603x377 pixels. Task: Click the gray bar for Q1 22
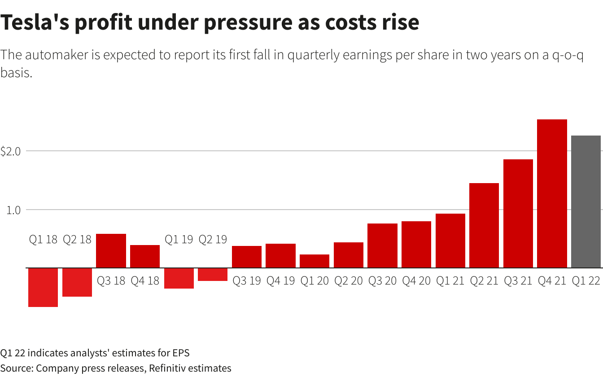point(586,202)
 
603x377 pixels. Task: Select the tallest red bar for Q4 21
point(552,193)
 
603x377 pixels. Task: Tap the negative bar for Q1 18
point(43,287)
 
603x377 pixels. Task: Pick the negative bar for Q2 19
point(213,274)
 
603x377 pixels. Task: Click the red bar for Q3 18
point(111,251)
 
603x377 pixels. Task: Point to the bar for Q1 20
point(315,261)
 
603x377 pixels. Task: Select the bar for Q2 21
point(484,225)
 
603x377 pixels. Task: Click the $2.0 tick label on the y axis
point(11,152)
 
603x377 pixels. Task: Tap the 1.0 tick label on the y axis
point(13,210)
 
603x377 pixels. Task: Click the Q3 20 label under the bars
point(382,281)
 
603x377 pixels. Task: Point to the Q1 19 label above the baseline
point(179,240)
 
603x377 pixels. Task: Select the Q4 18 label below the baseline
point(145,281)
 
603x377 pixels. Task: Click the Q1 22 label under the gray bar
point(586,281)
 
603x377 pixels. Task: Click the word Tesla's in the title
point(33,22)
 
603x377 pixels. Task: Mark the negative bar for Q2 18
point(77,282)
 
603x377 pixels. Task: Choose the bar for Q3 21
point(518,214)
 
